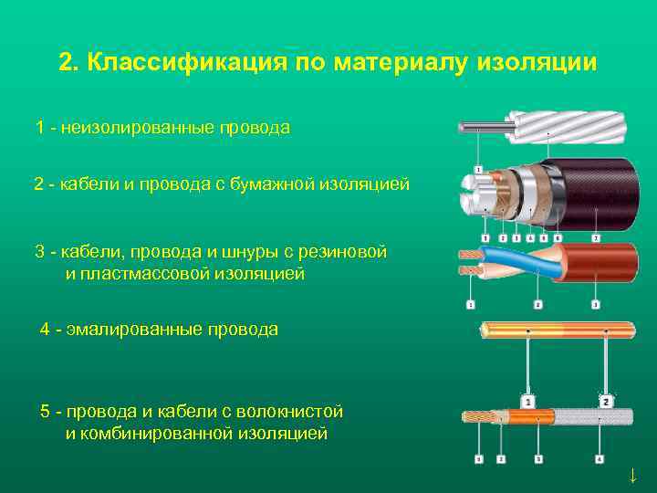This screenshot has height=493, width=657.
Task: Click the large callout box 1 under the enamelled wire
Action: pyautogui.click(x=527, y=402)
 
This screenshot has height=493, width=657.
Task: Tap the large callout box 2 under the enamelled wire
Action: pyautogui.click(x=606, y=402)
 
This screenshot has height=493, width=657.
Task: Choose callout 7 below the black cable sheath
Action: pyautogui.click(x=596, y=239)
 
